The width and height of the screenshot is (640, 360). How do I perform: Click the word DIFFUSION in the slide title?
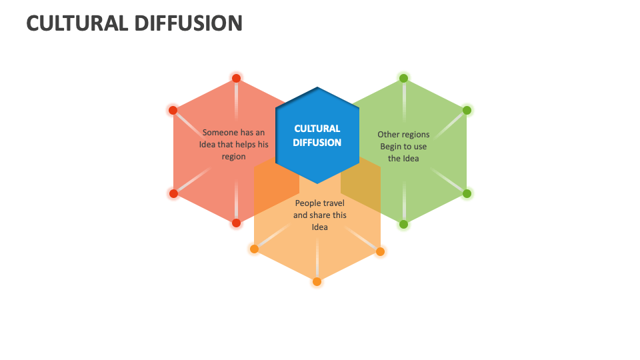point(191,23)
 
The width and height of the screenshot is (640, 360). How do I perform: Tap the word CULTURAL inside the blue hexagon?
point(317,128)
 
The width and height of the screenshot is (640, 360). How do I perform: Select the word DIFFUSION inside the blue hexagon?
point(317,143)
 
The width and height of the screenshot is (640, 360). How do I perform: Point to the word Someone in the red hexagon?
point(219,133)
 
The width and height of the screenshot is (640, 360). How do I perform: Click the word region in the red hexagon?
point(234,157)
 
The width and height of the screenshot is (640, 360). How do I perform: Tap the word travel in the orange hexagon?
point(335,203)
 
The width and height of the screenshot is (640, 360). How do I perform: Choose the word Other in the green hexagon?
point(388,135)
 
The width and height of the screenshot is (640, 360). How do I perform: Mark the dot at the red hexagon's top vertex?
point(236,78)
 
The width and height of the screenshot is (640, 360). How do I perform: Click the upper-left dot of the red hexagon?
point(173,110)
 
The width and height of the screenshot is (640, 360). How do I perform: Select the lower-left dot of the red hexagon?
point(173,193)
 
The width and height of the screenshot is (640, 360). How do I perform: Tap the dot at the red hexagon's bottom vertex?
point(236,223)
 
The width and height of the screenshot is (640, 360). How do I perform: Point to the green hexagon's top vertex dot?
point(403,78)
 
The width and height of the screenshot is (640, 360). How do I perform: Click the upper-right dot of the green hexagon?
point(467,110)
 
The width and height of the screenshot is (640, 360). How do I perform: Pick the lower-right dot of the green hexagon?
point(467,193)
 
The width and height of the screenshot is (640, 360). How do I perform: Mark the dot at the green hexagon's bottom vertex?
point(403,224)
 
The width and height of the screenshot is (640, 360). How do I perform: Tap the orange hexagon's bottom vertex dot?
point(317,281)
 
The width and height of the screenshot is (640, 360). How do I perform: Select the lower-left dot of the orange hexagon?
point(254,249)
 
